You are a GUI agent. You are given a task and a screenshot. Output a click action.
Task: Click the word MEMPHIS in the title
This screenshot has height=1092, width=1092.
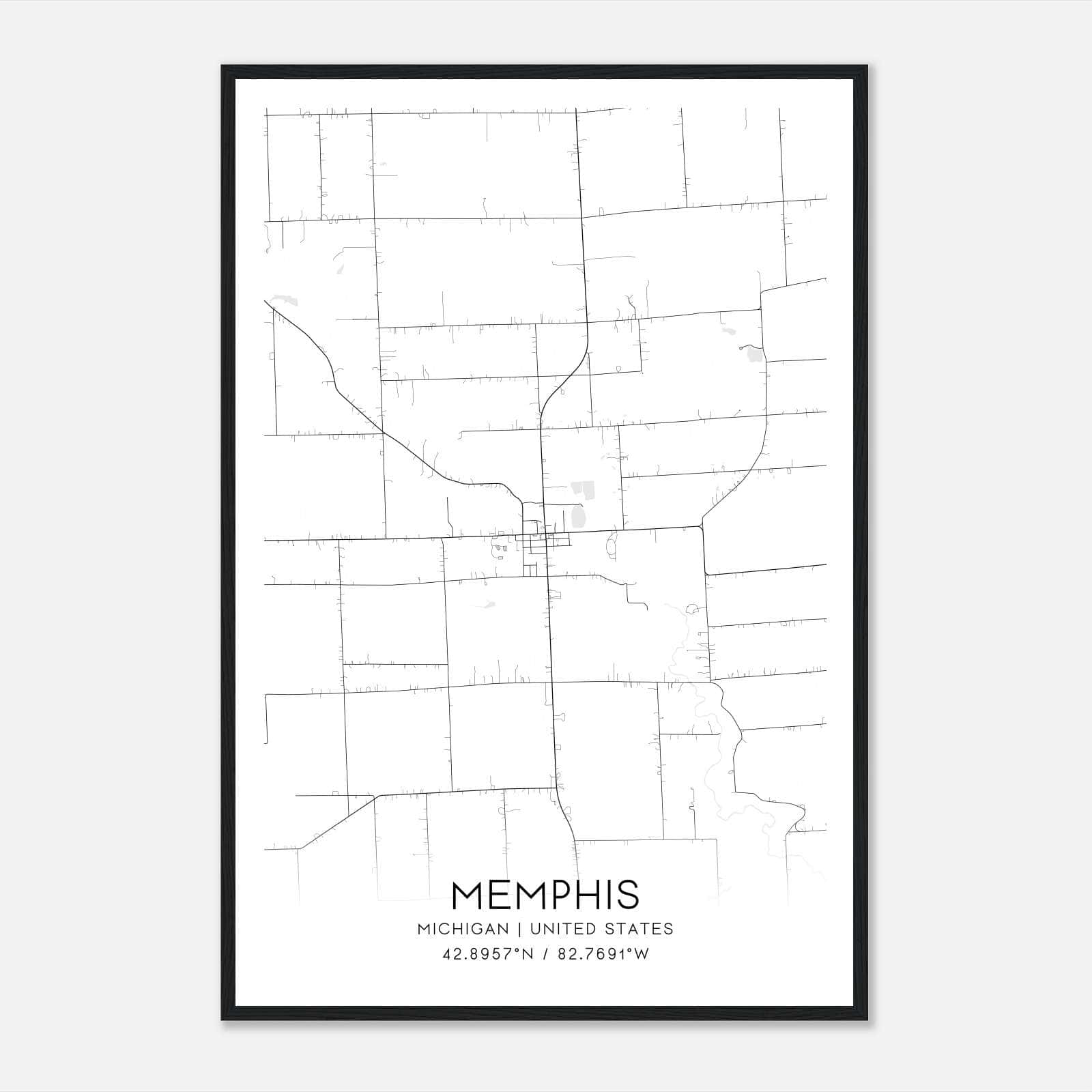[545, 895]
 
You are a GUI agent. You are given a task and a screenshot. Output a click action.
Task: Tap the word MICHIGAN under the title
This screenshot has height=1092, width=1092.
[463, 929]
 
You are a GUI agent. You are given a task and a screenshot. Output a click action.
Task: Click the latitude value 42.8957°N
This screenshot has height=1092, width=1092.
[488, 954]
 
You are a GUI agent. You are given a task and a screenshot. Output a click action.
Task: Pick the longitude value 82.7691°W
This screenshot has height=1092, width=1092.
[603, 954]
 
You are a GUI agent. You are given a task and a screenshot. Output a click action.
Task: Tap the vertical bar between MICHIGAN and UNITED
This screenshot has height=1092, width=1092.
[519, 929]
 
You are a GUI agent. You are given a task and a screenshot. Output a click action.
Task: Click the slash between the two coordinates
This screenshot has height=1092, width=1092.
[545, 954]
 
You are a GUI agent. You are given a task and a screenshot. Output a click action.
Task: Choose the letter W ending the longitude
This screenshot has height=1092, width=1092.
[641, 954]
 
